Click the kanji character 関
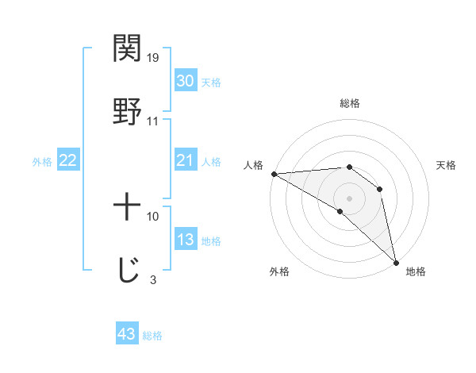pyautogui.click(x=127, y=48)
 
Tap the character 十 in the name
pyautogui.click(x=127, y=207)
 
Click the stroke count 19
pyautogui.click(x=153, y=58)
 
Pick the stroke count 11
pyautogui.click(x=153, y=121)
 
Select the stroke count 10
pyautogui.click(x=153, y=216)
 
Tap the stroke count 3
pyautogui.click(x=153, y=279)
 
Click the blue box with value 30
pyautogui.click(x=185, y=81)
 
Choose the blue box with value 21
pyautogui.click(x=185, y=161)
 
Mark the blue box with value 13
pyautogui.click(x=185, y=240)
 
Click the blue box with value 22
pyautogui.click(x=68, y=161)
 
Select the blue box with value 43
pyautogui.click(x=127, y=334)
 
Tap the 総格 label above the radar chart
pyautogui.click(x=349, y=104)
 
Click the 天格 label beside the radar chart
pyautogui.click(x=446, y=165)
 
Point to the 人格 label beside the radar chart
pyautogui.click(x=252, y=165)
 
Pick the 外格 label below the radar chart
pyautogui.click(x=279, y=271)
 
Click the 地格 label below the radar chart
pyautogui.click(x=416, y=271)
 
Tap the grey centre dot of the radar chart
pyautogui.click(x=349, y=198)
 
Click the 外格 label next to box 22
pyautogui.click(x=42, y=162)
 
